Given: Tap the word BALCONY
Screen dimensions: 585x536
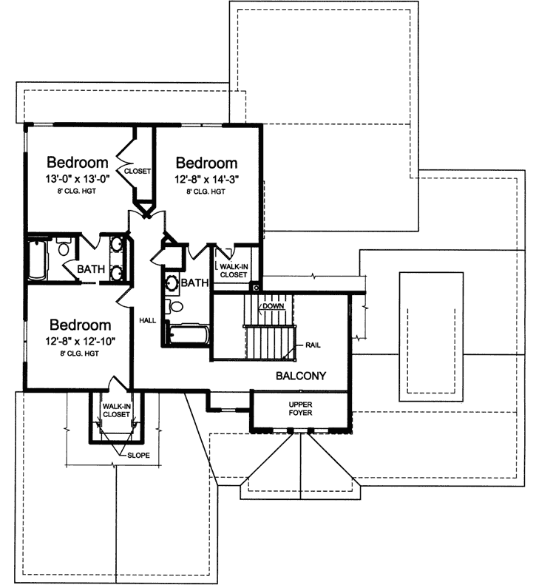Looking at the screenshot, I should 302,376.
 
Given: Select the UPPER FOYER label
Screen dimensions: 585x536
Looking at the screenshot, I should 299,409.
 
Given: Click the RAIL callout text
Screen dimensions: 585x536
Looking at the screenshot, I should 313,345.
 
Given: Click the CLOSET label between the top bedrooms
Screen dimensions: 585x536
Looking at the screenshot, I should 137,171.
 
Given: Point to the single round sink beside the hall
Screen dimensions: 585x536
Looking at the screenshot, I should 171,283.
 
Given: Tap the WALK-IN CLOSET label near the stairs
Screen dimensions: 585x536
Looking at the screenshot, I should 233,269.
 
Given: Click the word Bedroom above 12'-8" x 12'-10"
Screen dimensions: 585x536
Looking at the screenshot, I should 81,325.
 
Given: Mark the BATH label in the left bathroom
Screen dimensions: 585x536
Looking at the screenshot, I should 90,269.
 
